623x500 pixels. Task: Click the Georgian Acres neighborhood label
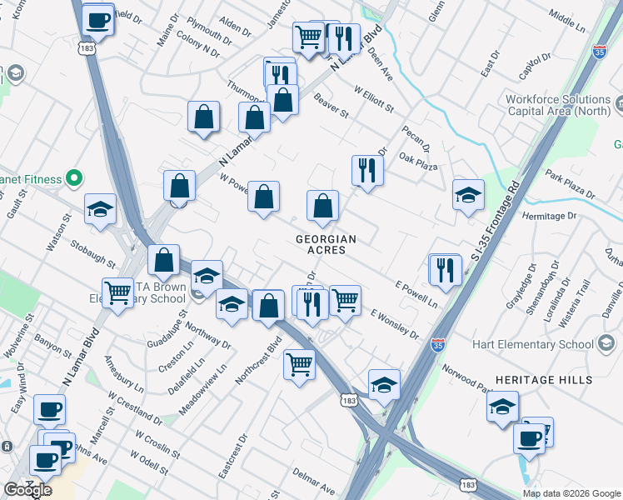tap(326, 244)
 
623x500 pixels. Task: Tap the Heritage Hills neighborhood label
tap(544, 380)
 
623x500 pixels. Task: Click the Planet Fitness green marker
tap(73, 178)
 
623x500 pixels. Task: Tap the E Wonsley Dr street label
tap(395, 323)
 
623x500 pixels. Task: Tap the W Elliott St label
tap(372, 101)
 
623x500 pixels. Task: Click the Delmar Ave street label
tap(313, 476)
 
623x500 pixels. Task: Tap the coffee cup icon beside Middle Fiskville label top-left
tap(97, 20)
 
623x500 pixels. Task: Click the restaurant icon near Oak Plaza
tap(367, 170)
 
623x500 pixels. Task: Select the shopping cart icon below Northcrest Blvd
tap(299, 363)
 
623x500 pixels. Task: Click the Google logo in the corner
tap(27, 489)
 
